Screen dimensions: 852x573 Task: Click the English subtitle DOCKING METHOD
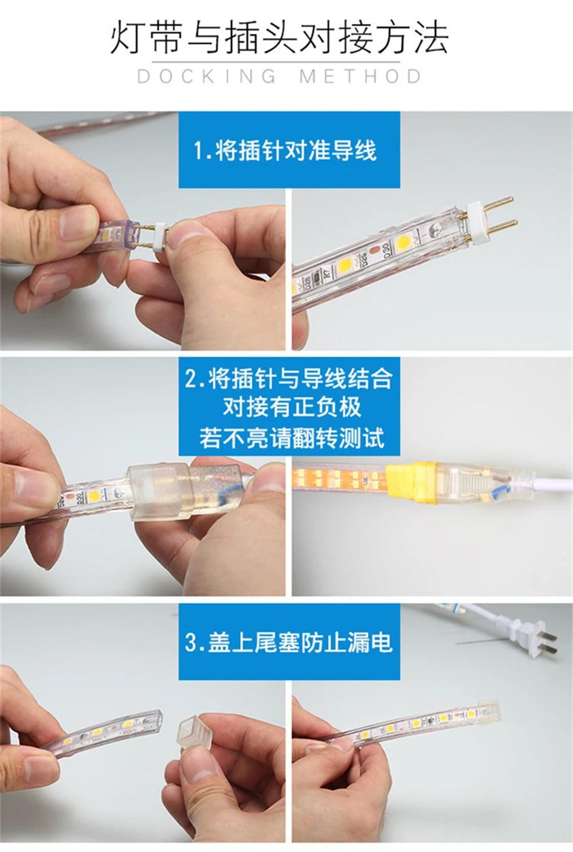279,76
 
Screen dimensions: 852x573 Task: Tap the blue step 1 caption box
289,150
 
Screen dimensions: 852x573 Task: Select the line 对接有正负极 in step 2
291,408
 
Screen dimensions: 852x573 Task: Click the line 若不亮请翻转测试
291,439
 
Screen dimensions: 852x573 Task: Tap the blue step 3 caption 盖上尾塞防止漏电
289,642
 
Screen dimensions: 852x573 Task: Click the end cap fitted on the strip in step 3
487,713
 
